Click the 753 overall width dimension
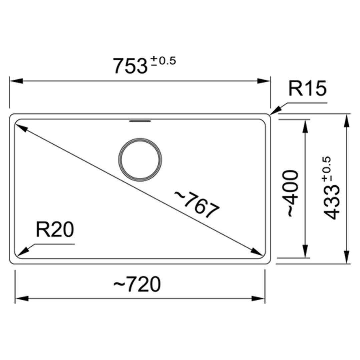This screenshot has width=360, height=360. [x=130, y=66]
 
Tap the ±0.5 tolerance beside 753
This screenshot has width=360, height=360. [x=163, y=61]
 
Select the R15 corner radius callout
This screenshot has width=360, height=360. [x=307, y=88]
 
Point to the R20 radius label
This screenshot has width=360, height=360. [x=55, y=230]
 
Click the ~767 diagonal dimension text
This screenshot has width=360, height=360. [x=197, y=204]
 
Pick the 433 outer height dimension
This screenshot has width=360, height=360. [x=332, y=203]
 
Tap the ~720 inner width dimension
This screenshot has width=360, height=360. [x=137, y=284]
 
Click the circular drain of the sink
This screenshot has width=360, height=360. [x=140, y=160]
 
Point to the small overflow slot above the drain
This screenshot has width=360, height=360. [x=140, y=121]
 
